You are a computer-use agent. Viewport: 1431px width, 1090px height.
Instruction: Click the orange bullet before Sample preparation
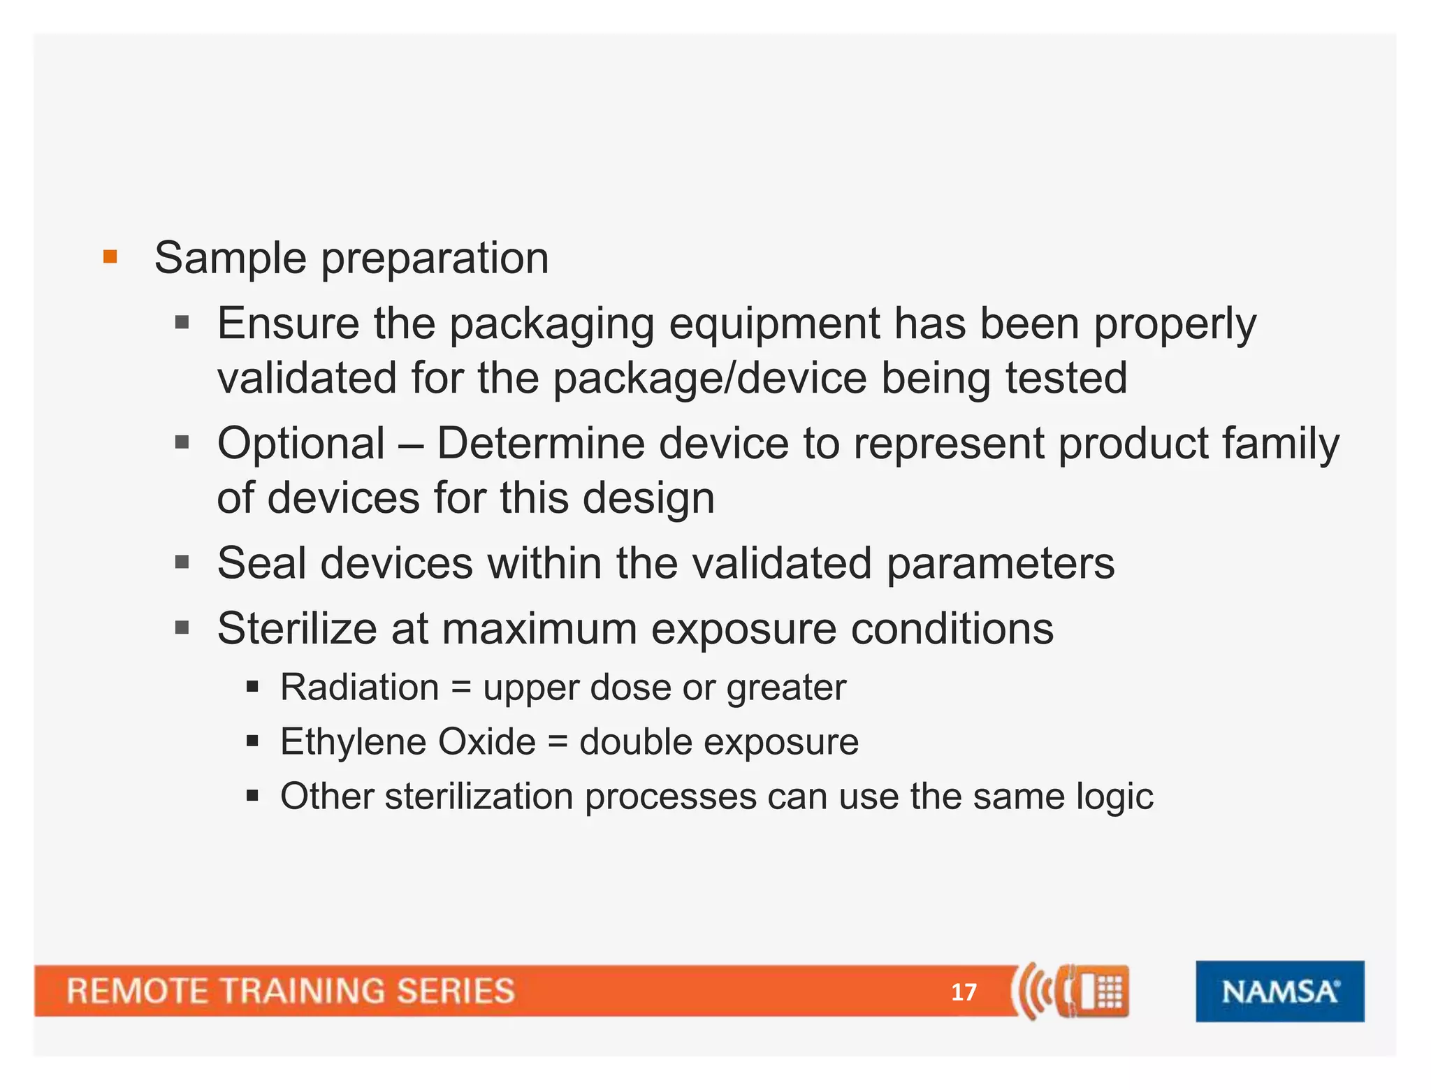[110, 256]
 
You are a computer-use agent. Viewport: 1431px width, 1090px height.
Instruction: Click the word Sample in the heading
[230, 259]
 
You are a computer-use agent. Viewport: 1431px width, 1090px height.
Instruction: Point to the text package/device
[709, 379]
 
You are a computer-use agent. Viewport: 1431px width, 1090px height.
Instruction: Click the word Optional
[301, 444]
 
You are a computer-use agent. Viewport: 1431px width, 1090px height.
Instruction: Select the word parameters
[1000, 565]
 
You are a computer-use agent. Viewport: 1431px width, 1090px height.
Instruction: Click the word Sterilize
[297, 628]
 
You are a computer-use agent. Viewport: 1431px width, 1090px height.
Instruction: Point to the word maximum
[539, 629]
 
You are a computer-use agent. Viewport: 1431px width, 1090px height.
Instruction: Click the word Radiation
[359, 687]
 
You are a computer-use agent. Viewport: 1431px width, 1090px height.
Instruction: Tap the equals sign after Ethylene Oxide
[557, 741]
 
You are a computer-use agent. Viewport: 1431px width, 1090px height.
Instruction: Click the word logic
[1114, 797]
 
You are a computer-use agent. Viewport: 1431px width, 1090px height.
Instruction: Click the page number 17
[964, 991]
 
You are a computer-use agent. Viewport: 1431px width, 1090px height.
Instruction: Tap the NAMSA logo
[1279, 991]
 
